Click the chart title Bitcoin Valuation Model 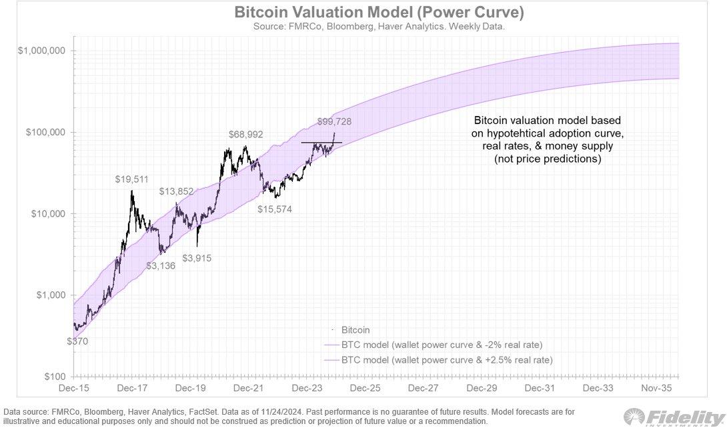pos(363,13)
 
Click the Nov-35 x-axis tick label pos(656,387)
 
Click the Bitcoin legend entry pos(355,330)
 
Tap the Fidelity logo pos(674,418)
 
